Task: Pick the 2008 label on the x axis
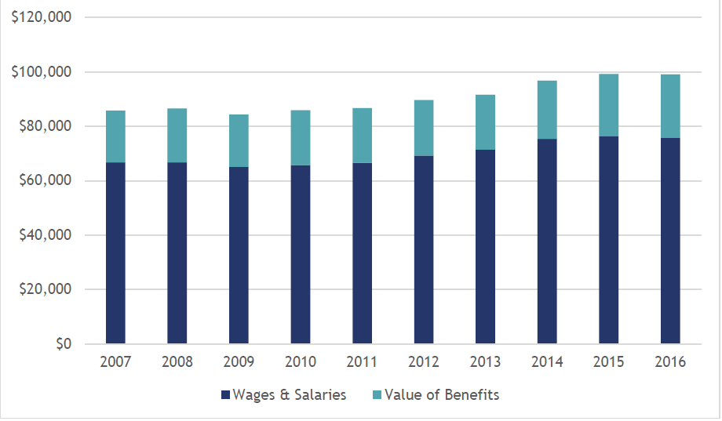pyautogui.click(x=177, y=361)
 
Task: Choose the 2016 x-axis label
pyautogui.click(x=669, y=361)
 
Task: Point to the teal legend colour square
pyautogui.click(x=374, y=395)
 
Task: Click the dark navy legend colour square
pyautogui.click(x=226, y=395)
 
